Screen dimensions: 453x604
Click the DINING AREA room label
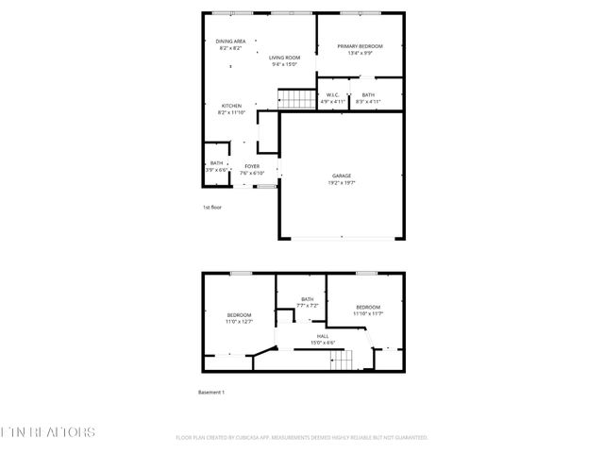pos(231,42)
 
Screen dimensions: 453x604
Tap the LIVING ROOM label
pos(284,58)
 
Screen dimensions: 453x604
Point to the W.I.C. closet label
pos(332,94)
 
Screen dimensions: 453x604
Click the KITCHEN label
pos(231,105)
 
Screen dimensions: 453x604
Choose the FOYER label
pos(252,166)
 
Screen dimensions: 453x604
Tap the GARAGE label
pos(341,176)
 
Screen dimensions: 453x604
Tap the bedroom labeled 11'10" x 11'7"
pos(368,309)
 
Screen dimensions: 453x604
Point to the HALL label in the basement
pos(323,336)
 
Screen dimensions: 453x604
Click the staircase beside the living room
pos(296,98)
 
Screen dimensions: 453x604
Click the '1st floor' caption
pos(212,207)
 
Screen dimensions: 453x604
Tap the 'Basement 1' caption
pos(210,392)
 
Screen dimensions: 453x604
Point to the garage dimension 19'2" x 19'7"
pos(341,182)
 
